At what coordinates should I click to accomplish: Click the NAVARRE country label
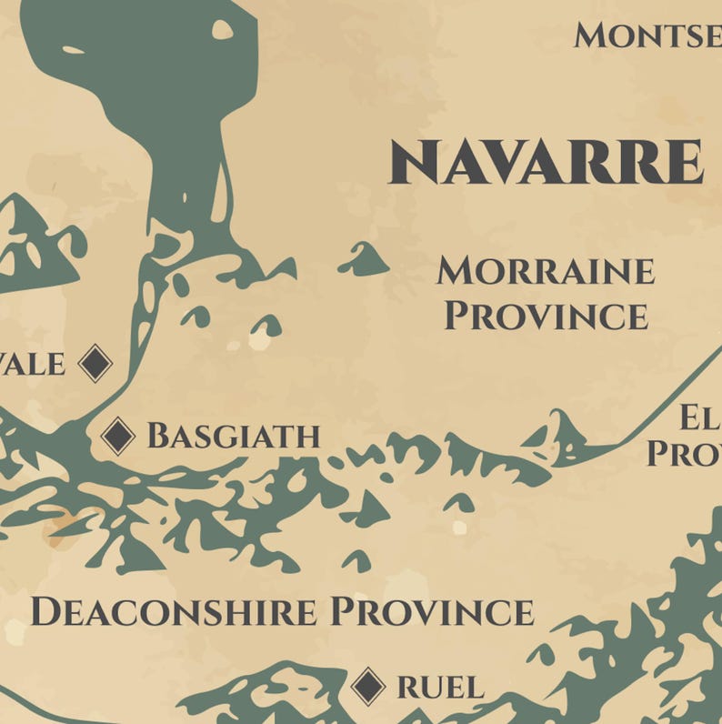[546, 164]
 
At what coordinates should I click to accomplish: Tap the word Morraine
[545, 271]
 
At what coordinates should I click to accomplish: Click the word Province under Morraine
[546, 316]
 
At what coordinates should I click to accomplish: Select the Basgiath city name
[234, 437]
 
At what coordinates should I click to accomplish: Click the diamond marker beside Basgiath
[118, 437]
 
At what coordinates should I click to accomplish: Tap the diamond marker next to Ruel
[368, 686]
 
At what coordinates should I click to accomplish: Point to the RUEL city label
[440, 688]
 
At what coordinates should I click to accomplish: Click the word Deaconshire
[174, 611]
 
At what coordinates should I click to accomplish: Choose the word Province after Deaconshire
[432, 611]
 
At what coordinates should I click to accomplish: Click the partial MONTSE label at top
[647, 36]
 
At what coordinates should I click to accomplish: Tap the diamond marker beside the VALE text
[95, 364]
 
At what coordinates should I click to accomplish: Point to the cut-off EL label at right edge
[700, 418]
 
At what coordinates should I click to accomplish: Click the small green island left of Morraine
[364, 261]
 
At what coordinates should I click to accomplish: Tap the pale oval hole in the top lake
[222, 30]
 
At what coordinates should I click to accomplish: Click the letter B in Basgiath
[160, 437]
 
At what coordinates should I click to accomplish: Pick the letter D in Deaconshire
[45, 611]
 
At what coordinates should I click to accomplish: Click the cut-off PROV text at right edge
[684, 453]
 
